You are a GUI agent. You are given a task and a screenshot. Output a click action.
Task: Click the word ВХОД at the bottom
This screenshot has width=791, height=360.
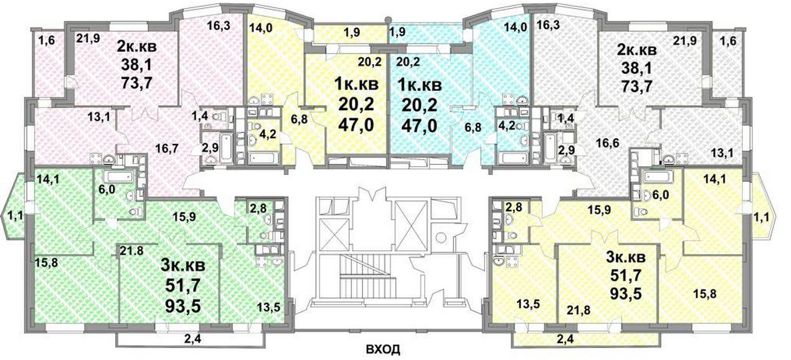pos(383,350)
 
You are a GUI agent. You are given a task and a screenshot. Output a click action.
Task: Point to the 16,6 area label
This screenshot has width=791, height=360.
pos(607,144)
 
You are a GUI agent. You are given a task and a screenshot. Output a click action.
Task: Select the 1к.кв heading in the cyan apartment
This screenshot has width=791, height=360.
pos(420,85)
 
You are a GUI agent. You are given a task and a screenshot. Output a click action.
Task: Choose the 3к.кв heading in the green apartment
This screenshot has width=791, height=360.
pos(183,266)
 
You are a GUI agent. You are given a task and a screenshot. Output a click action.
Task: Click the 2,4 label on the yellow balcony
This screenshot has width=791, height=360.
pos(566,339)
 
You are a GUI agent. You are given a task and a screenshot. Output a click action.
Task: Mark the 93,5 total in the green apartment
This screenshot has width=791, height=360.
pos(183,306)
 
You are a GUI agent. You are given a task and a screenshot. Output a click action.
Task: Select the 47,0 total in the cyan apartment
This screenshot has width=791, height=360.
pos(419,125)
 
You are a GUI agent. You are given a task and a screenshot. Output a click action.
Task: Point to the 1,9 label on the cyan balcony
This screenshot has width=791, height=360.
pos(397,32)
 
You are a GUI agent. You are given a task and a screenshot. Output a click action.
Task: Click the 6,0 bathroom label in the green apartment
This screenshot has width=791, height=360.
pos(107,190)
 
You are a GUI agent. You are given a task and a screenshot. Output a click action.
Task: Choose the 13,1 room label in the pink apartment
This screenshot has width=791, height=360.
pos(99,116)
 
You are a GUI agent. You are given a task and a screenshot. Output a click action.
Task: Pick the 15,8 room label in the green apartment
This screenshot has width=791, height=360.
pos(46,262)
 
